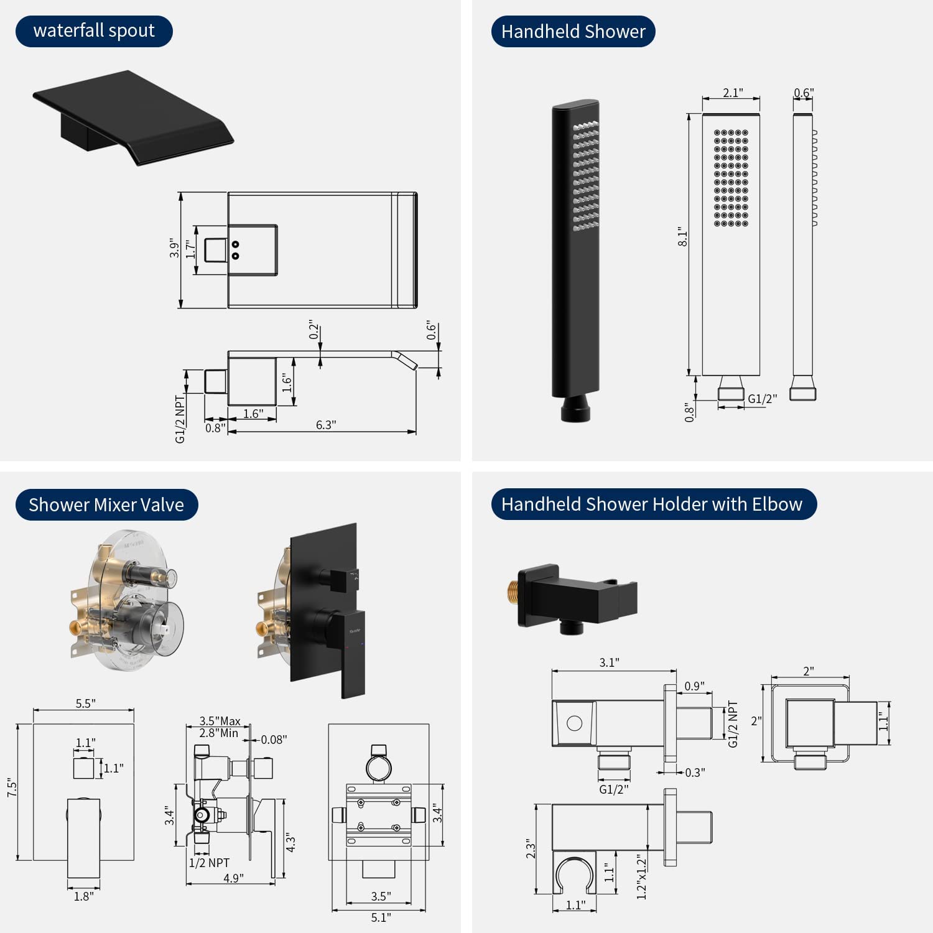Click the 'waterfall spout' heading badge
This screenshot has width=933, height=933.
click(94, 31)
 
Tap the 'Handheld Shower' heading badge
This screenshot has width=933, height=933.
click(573, 32)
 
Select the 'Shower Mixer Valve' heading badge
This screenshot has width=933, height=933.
click(106, 504)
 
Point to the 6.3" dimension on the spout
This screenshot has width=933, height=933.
click(325, 425)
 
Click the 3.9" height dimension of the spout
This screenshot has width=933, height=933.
click(175, 249)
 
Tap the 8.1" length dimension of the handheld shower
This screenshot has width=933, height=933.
click(683, 237)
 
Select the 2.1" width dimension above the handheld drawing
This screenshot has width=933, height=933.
click(732, 93)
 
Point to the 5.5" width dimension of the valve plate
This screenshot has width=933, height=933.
click(85, 703)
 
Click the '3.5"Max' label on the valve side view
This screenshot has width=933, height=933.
click(220, 721)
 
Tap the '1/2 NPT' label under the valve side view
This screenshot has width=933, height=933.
click(209, 863)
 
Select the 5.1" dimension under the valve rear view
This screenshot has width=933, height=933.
click(381, 917)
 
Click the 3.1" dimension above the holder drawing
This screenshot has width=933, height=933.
click(609, 662)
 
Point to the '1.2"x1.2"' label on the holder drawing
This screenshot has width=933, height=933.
click(642, 877)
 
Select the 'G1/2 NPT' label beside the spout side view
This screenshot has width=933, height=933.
click(180, 419)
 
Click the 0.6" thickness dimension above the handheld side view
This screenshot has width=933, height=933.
click(803, 93)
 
